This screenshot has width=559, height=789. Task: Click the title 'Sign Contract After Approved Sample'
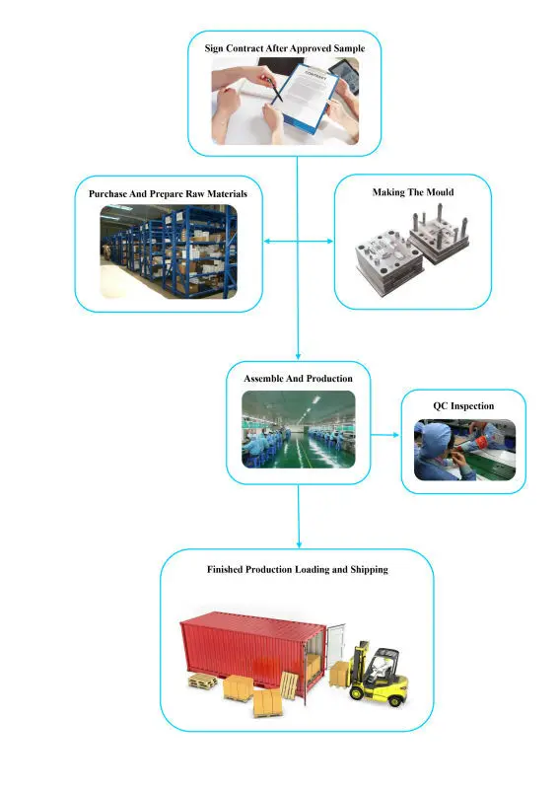(x=297, y=48)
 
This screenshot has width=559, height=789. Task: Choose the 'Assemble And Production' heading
(x=298, y=378)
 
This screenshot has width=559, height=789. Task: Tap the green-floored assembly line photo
(x=298, y=429)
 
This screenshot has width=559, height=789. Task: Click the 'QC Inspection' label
(x=463, y=405)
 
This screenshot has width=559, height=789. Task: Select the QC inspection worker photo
(x=463, y=451)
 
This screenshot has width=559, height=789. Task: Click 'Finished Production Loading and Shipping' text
(x=297, y=570)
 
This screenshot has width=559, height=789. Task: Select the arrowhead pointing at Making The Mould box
(x=333, y=242)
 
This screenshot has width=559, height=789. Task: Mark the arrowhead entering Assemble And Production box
(x=298, y=358)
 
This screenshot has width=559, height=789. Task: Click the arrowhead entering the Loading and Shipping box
(x=298, y=545)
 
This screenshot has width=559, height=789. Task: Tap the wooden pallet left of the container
(x=203, y=682)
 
